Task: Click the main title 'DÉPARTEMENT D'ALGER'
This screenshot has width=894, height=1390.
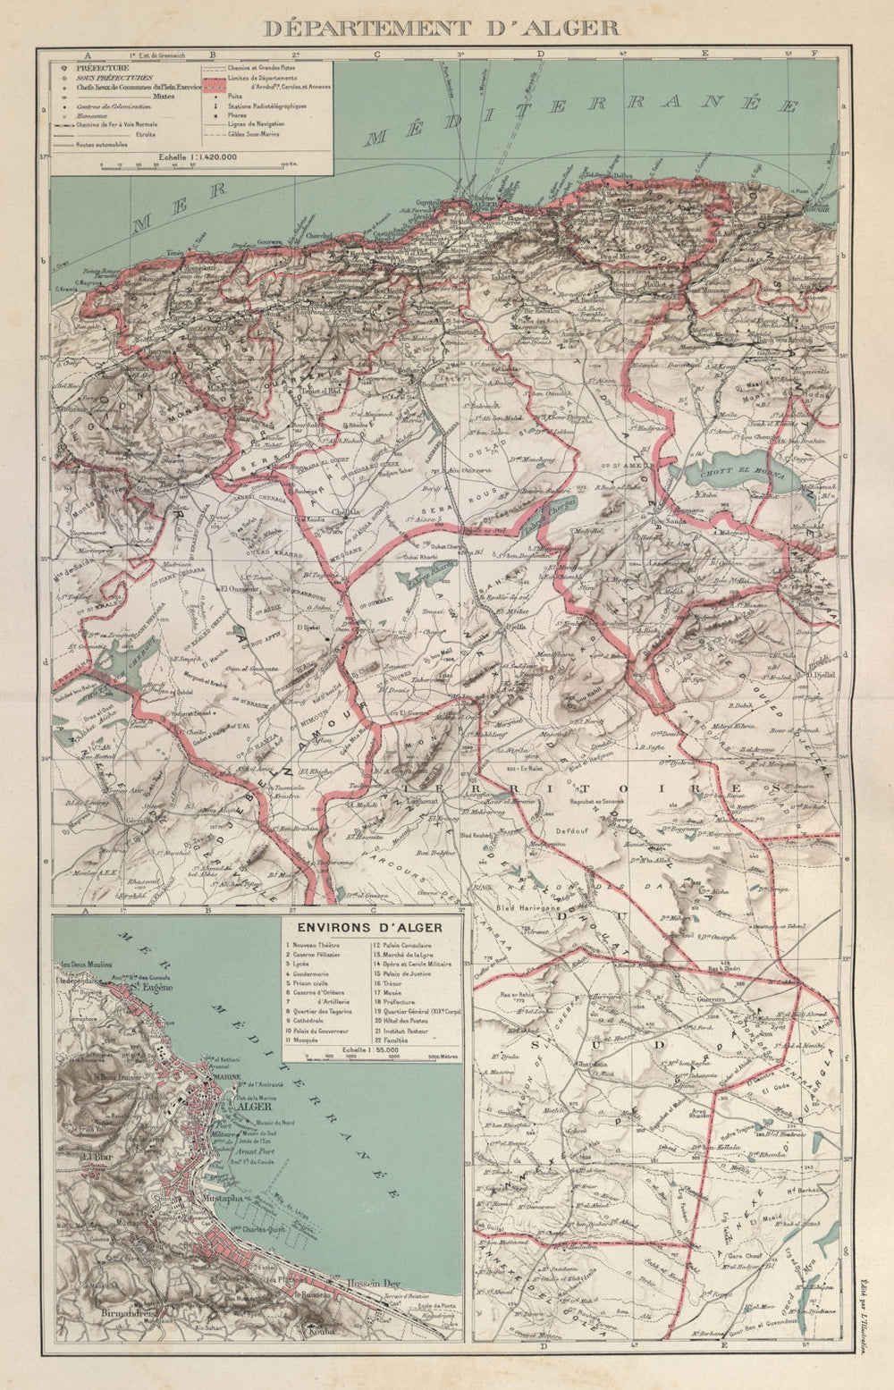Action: click(441, 27)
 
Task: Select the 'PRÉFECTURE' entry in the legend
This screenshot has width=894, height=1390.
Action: click(102, 68)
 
